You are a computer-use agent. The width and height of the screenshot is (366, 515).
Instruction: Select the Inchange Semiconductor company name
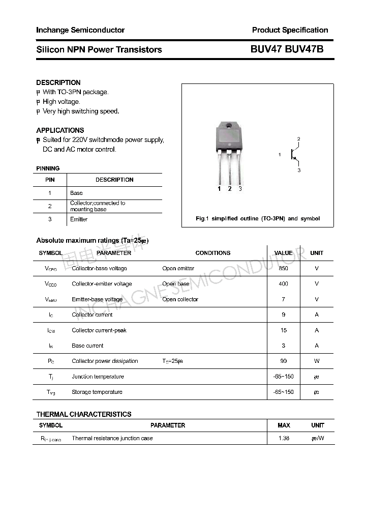click(x=80, y=30)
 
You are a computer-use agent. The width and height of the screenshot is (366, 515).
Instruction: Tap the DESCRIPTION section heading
click(x=58, y=82)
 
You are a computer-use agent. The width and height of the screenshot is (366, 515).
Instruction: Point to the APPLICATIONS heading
click(x=60, y=130)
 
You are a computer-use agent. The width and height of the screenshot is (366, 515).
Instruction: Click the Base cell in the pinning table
click(x=76, y=193)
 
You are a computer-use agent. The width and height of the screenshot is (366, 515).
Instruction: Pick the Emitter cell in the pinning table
click(x=79, y=219)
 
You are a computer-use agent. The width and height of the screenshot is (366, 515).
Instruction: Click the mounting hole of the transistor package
click(x=229, y=126)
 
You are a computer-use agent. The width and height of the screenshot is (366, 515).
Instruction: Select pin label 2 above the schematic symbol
click(x=299, y=139)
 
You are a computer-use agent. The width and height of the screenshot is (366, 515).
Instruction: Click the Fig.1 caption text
click(x=258, y=218)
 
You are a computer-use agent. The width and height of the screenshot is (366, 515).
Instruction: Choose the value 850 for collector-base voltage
click(x=283, y=268)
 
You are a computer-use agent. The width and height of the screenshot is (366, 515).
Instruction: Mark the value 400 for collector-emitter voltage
click(x=283, y=284)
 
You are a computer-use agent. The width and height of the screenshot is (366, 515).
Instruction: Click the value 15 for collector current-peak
click(x=283, y=330)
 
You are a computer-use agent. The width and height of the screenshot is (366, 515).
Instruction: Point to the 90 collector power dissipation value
click(x=283, y=361)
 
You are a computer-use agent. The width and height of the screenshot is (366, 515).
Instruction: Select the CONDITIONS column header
click(x=212, y=253)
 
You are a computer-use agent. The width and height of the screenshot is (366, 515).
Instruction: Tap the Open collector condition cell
click(x=180, y=299)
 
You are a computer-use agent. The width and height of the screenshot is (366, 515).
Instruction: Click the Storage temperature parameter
click(x=97, y=392)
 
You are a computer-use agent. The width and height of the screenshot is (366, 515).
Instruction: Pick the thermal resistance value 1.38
click(x=284, y=438)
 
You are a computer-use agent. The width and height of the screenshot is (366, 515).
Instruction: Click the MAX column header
click(x=284, y=425)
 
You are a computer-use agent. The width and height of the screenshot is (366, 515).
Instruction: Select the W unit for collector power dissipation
click(x=317, y=361)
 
